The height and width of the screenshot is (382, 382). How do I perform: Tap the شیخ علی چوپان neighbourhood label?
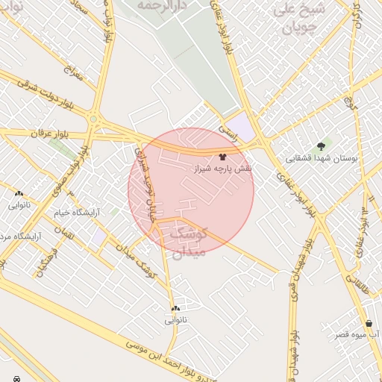(x=300, y=18)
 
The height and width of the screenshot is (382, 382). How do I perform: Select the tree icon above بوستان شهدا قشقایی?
(x=322, y=145)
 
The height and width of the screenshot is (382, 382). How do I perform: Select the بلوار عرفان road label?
(x=49, y=134)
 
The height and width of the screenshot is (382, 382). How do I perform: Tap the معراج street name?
(x=72, y=75)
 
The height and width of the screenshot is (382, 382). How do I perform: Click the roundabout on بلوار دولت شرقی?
(x=93, y=118)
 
